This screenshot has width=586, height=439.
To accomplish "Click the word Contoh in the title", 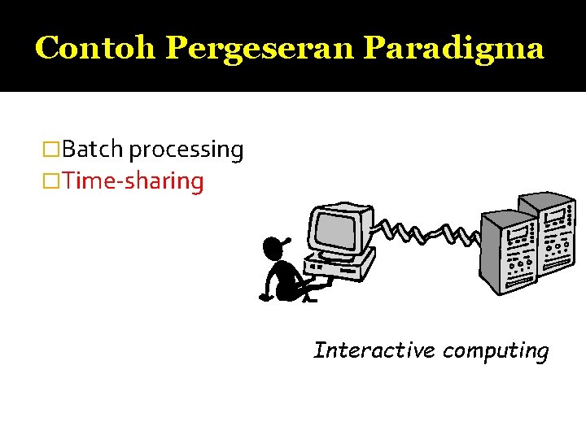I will coord(96,48).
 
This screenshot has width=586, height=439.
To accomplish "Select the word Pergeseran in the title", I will coord(260,48).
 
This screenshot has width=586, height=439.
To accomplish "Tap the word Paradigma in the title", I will coord(453,48).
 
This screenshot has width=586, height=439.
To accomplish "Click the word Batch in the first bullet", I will coord(92,150).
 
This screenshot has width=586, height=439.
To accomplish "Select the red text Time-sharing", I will coord(133,180).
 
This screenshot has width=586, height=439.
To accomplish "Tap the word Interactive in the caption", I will coord(374,350).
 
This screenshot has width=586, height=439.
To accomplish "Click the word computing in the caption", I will coord(496,351).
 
